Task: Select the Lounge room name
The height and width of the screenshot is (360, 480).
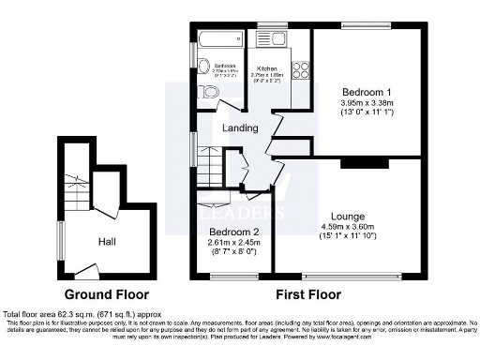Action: click(x=348, y=216)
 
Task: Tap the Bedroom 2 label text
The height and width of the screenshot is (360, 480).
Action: click(x=231, y=232)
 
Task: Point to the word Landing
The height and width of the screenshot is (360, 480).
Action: click(x=240, y=128)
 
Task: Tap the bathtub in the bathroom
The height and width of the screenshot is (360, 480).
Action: click(x=219, y=38)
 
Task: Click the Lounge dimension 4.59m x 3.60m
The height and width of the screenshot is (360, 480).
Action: click(x=348, y=227)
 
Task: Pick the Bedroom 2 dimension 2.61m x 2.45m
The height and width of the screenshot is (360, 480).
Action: click(x=231, y=244)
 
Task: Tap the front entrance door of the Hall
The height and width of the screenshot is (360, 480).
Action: click(x=86, y=272)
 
